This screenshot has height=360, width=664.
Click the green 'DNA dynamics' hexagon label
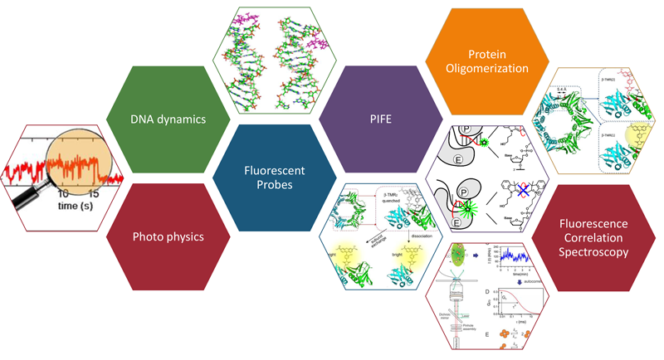point(168,118)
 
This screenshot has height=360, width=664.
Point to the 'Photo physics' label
point(168,237)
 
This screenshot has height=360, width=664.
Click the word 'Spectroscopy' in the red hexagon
point(591,253)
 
